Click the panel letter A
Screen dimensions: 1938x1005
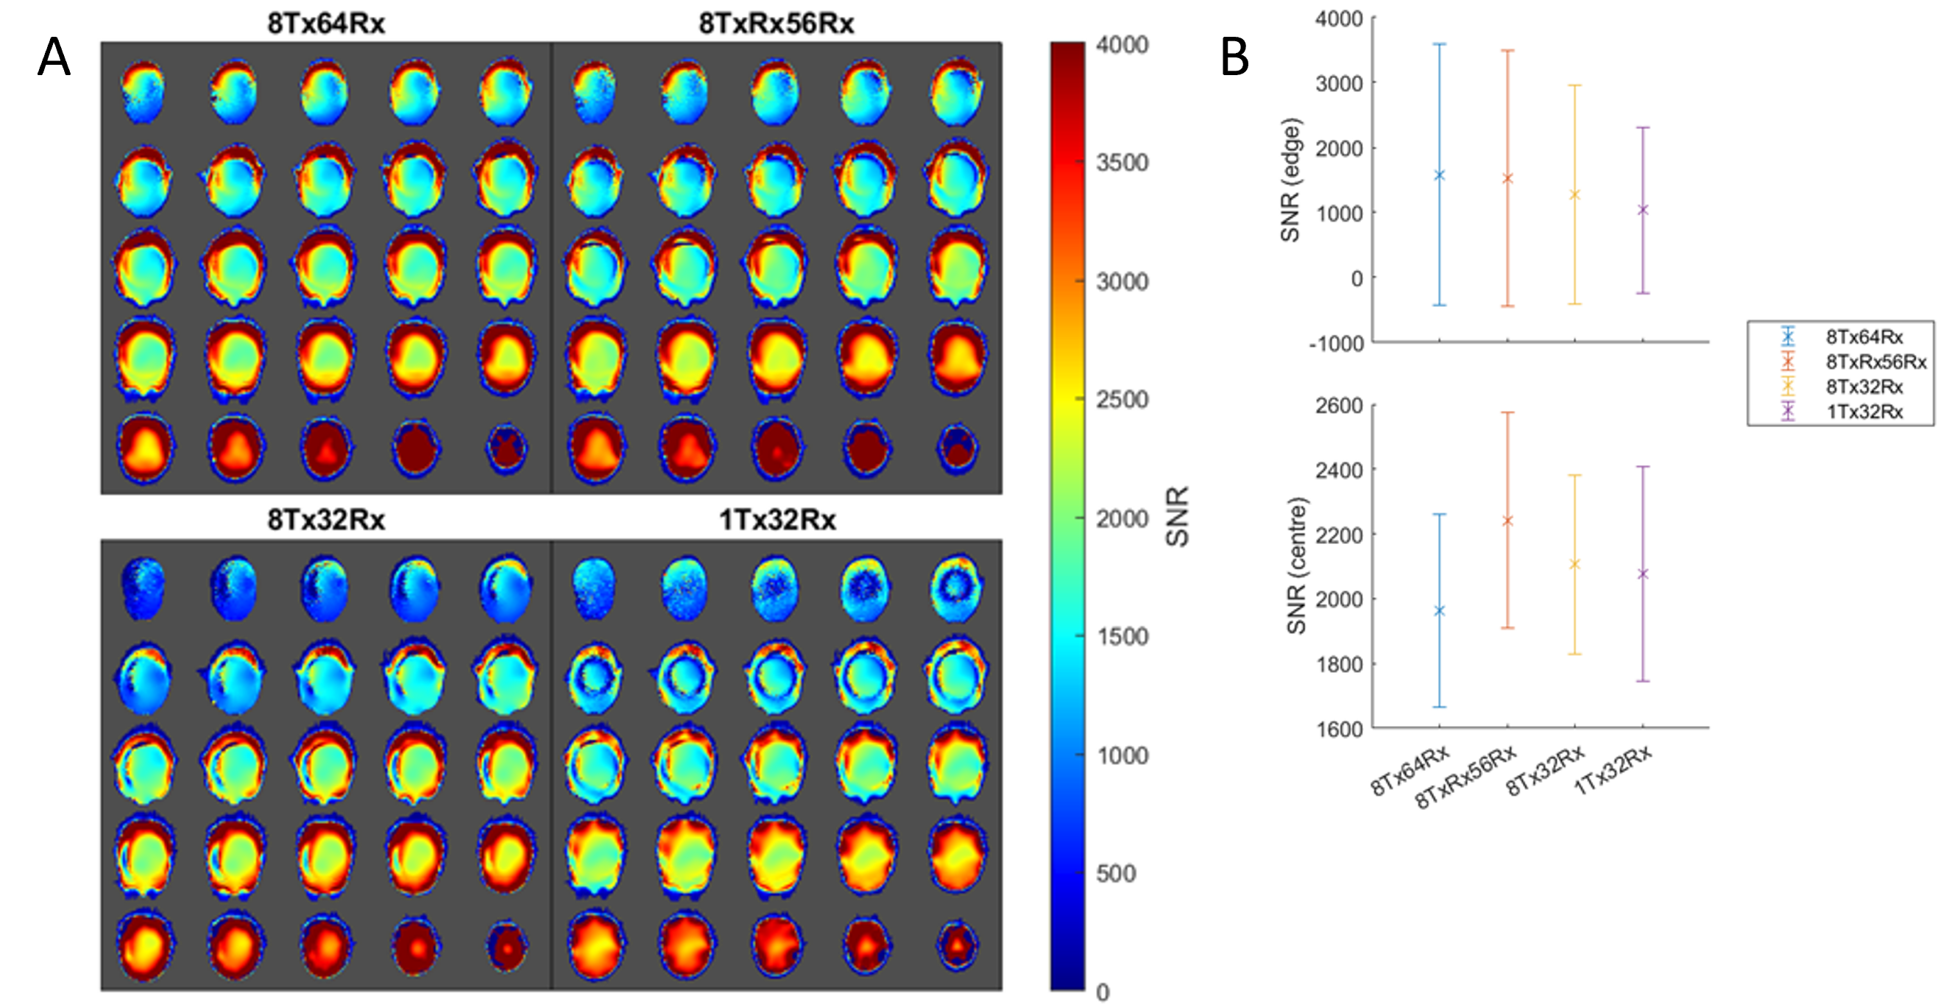pos(54,58)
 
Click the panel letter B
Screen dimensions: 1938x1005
pos(1234,58)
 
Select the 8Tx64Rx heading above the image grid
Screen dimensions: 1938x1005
pos(326,24)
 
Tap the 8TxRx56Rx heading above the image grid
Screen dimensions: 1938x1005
pos(777,24)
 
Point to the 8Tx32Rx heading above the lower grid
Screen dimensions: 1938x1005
pos(326,520)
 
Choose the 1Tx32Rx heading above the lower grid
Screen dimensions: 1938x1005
pos(777,520)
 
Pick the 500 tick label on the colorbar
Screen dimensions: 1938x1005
pos(1116,873)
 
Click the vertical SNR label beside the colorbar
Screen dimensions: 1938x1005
pos(1178,516)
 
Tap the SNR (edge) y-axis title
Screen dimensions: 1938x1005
pos(1290,180)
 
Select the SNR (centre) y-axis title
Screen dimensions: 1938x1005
pos(1296,565)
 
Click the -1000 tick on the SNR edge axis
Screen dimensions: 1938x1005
pos(1336,344)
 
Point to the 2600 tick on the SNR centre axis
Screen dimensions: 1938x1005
pos(1339,406)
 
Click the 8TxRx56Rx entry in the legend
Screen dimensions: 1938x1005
pos(1875,362)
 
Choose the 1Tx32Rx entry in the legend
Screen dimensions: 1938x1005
pos(1864,412)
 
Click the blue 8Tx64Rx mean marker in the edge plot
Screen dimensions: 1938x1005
pos(1439,175)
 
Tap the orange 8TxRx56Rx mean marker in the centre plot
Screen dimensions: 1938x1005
pos(1507,521)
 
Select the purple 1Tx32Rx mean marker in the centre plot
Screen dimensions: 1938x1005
pos(1642,574)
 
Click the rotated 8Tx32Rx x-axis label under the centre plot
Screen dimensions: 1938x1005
pos(1546,771)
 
